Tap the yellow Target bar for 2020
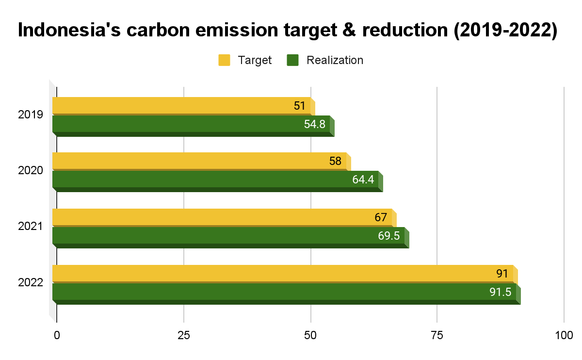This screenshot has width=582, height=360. coord(194,161)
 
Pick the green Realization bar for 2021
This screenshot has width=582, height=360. coord(218,236)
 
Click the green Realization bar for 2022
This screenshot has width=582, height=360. coord(267,292)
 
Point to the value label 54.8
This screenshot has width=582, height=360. coord(315,124)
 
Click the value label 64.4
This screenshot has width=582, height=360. coord(363,180)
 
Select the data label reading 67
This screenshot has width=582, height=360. coord(381,217)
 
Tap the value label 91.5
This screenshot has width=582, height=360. coord(500,292)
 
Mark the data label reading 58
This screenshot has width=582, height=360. coord(335,161)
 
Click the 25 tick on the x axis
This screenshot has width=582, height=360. coord(183,335)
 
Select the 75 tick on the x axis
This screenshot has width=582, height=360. coord(437,335)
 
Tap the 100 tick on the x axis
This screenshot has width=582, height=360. coord(563,335)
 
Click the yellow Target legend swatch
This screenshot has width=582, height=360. coord(224,60)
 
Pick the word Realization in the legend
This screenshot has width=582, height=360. coord(335,60)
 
